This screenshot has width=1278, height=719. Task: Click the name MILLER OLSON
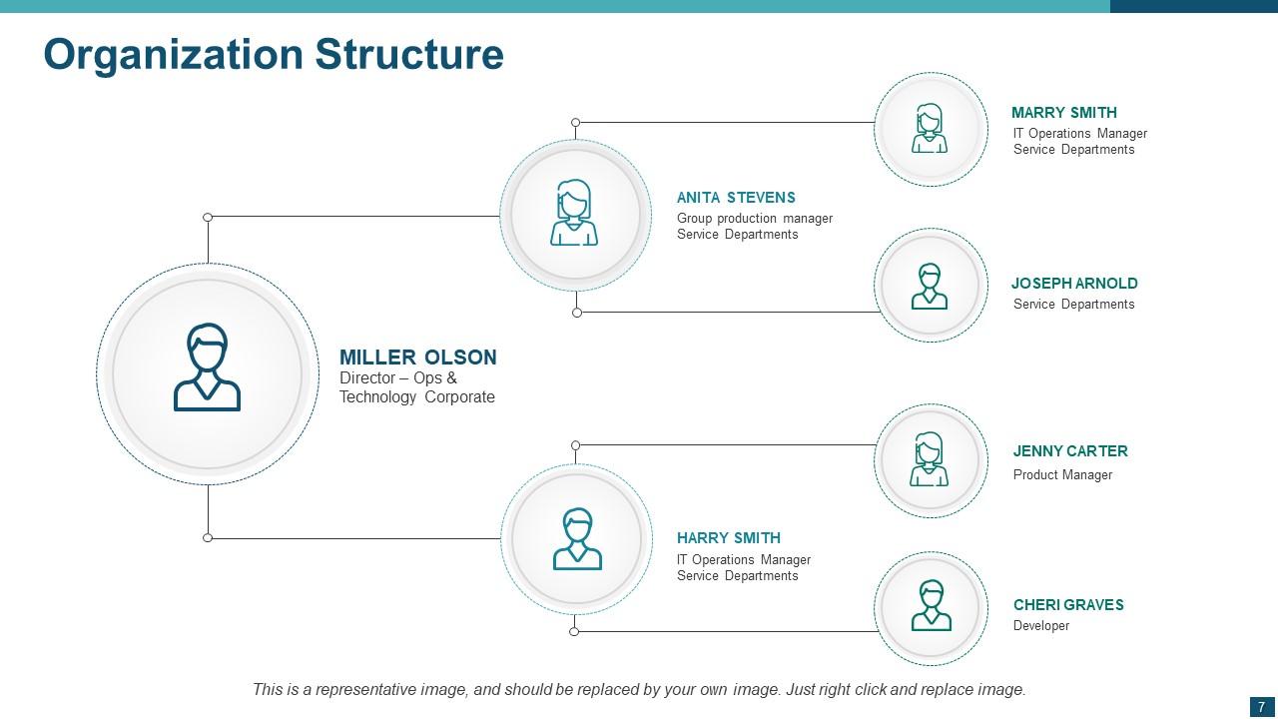click(x=417, y=358)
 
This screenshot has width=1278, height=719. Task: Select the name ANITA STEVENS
click(x=736, y=198)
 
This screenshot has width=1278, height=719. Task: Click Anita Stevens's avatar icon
click(x=574, y=213)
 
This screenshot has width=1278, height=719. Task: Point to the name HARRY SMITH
click(x=728, y=538)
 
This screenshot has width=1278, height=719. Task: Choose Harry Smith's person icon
click(x=577, y=539)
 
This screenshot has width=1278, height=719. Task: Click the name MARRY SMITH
click(x=1063, y=113)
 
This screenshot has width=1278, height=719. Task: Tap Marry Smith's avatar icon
click(x=930, y=129)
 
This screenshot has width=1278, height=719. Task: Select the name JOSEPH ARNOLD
click(x=1074, y=284)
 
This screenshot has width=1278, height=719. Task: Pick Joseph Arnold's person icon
click(x=930, y=287)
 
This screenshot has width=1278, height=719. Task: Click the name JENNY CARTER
click(x=1070, y=451)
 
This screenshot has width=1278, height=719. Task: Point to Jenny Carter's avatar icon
click(x=930, y=460)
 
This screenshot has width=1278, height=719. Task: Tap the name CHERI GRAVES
click(x=1068, y=605)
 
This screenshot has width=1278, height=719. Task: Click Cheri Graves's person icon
click(x=931, y=606)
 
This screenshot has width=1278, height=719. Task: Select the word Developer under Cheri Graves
click(x=1041, y=626)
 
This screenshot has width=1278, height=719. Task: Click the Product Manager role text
click(x=1062, y=475)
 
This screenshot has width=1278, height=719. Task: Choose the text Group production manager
click(x=755, y=219)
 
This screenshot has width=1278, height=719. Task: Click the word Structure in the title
click(x=409, y=54)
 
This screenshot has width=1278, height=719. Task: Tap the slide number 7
click(x=1262, y=707)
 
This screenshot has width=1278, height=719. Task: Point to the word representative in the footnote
click(x=341, y=689)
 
